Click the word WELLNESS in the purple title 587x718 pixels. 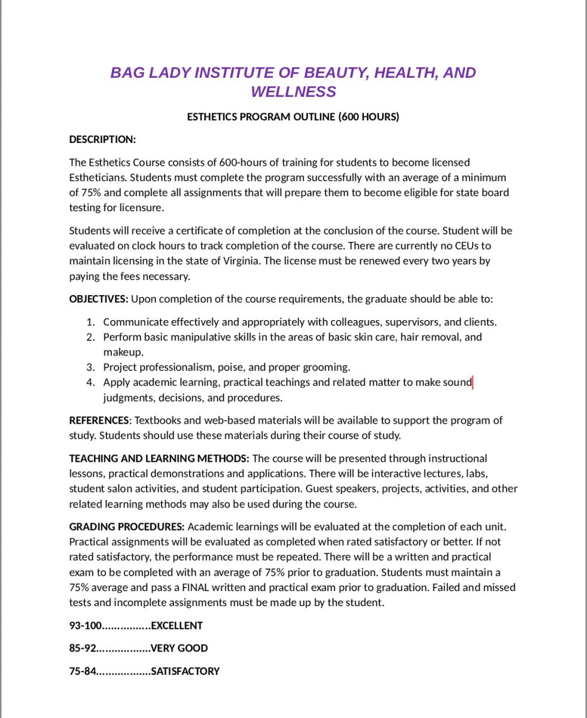click(293, 92)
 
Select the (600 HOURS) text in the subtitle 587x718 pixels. click(369, 117)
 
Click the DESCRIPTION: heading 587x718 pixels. click(102, 139)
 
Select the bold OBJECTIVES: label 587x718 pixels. click(99, 299)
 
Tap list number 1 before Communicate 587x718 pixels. click(90, 322)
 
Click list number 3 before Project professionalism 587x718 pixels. click(90, 367)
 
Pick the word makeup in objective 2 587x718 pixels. click(122, 352)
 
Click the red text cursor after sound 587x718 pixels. click(473, 382)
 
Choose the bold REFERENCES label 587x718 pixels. click(99, 420)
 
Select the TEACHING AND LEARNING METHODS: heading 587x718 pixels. click(159, 458)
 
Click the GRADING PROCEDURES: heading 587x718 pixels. click(127, 527)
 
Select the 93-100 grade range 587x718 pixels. click(85, 626)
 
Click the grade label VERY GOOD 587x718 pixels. click(179, 649)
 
